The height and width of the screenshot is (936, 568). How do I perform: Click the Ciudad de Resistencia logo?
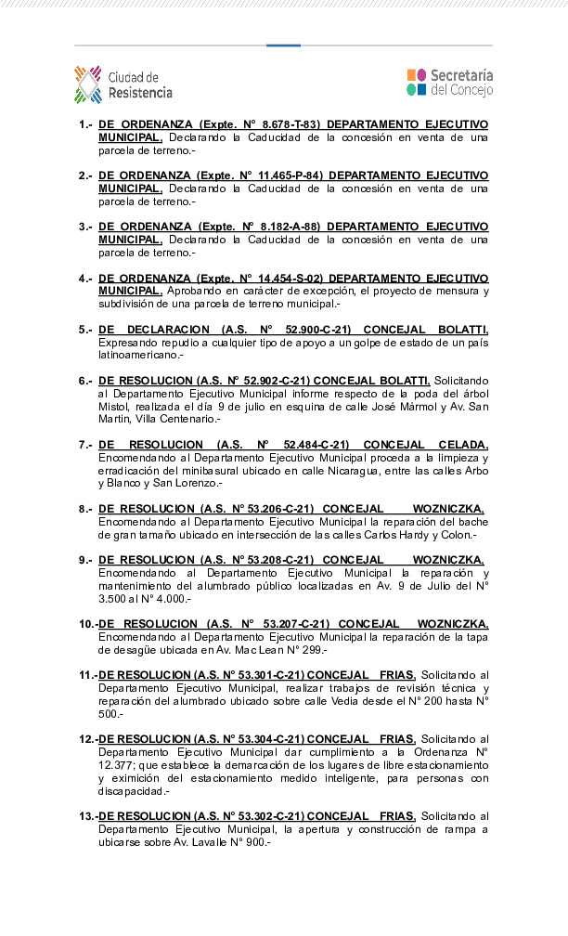(x=123, y=84)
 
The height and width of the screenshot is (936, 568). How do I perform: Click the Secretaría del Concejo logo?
(x=450, y=82)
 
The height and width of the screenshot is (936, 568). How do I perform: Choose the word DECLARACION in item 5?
(x=171, y=329)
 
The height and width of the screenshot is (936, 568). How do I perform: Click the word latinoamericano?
(x=139, y=355)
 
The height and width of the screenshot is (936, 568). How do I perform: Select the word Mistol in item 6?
(x=114, y=407)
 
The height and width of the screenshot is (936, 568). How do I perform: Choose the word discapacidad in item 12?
(x=132, y=791)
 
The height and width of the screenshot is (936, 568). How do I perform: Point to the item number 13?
(x=86, y=815)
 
